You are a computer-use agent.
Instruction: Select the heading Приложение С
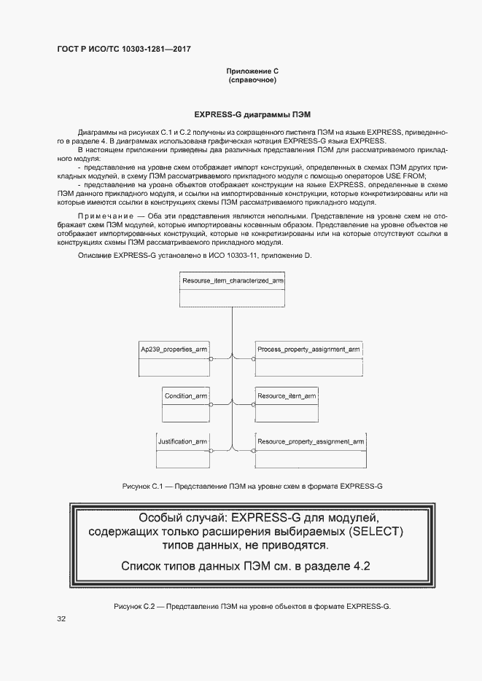(252, 71)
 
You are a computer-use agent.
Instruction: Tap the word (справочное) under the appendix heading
(252, 79)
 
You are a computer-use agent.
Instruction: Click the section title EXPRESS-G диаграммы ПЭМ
(252, 115)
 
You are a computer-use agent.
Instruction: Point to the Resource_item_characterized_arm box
(233, 289)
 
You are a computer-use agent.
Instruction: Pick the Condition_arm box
(186, 404)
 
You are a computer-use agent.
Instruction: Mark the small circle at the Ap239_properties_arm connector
(211, 359)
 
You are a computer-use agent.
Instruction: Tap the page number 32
(61, 619)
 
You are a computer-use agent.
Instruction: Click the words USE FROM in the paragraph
(409, 176)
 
